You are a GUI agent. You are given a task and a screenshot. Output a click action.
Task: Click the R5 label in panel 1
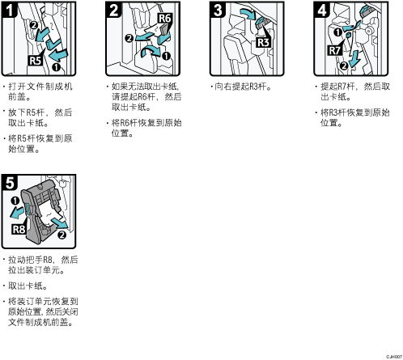tap(36, 61)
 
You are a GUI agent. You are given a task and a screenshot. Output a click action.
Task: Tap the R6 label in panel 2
tap(164, 19)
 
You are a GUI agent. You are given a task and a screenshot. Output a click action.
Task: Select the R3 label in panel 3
tap(264, 43)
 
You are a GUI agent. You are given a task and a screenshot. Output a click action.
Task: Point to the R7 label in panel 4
tap(335, 51)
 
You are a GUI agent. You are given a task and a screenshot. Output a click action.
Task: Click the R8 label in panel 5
tap(19, 229)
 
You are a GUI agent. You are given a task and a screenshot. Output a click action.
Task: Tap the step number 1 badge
tap(9, 10)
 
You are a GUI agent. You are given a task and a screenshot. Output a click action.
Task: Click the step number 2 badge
tap(113, 10)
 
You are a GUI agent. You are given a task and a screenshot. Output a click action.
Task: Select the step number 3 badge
tap(218, 10)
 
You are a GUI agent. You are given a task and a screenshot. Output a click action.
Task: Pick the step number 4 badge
tap(321, 10)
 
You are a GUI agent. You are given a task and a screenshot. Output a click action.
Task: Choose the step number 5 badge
tap(10, 183)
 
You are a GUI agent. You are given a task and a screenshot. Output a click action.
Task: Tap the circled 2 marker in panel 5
tap(62, 235)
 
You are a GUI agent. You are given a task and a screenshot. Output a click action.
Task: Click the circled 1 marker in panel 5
tap(15, 201)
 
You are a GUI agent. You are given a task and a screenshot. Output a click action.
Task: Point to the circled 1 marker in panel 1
tap(56, 67)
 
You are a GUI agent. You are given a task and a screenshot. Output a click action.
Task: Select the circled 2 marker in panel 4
tap(344, 66)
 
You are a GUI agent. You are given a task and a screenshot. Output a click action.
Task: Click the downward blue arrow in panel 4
tap(354, 59)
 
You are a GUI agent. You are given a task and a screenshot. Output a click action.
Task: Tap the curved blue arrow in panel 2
tap(150, 50)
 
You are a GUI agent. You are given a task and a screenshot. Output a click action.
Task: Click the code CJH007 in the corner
tap(394, 357)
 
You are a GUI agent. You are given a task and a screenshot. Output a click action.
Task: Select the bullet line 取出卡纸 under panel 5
tap(28, 286)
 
